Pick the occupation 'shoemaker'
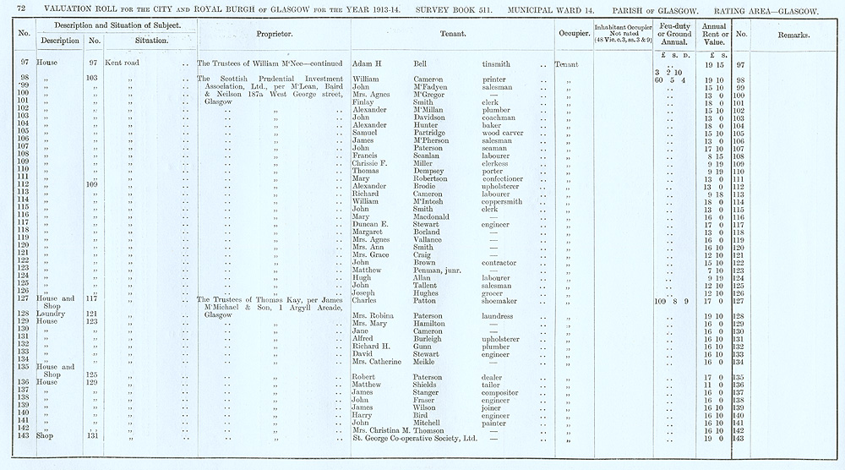point(502,300)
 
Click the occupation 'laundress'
point(500,315)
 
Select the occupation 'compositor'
point(503,391)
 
